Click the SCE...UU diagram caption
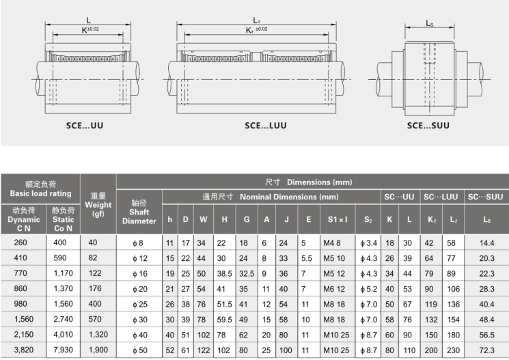tap(85, 126)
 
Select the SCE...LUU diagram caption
tap(266, 126)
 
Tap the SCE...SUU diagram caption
tap(428, 126)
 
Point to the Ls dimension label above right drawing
tap(430, 23)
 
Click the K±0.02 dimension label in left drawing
tap(90, 30)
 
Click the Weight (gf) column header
tap(98, 205)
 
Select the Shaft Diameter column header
tap(139, 212)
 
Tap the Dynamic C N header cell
tap(24, 219)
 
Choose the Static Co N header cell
tap(63, 219)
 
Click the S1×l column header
tap(338, 219)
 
